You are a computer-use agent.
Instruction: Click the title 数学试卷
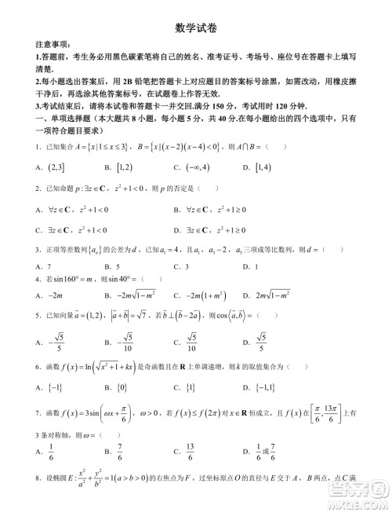(196, 27)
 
